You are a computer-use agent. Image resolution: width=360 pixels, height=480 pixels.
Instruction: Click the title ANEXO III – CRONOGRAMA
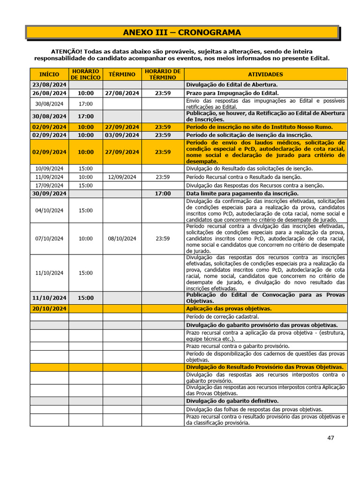[182, 32]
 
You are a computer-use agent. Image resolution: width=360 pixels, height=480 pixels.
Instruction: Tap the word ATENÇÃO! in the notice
[66, 51]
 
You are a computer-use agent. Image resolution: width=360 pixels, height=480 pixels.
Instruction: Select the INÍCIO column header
[49, 74]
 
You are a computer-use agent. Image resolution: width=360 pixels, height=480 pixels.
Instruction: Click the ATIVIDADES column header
[265, 74]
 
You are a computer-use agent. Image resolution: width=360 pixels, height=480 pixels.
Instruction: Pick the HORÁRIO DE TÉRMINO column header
[163, 74]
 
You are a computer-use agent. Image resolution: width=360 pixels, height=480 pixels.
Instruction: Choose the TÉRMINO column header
[122, 74]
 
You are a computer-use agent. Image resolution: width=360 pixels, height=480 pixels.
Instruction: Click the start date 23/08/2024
[49, 85]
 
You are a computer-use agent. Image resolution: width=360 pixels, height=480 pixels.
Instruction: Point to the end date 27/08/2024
[122, 93]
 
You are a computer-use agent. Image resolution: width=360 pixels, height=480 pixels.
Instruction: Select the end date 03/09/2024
[122, 135]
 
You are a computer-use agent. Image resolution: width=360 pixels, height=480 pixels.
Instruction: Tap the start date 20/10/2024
[49, 308]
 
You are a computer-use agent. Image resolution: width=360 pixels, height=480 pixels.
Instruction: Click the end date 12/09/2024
[122, 177]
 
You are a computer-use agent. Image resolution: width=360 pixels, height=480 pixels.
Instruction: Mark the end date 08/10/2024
[122, 238]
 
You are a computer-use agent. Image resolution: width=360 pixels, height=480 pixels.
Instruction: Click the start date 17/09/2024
[49, 185]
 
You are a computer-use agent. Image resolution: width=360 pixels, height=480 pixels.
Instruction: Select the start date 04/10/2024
[49, 210]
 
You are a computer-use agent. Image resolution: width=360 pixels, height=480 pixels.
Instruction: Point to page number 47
[330, 438]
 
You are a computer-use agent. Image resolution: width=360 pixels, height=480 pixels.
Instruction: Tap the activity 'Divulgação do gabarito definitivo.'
[232, 401]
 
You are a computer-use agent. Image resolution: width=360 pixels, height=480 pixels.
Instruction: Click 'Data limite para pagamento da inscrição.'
[242, 194]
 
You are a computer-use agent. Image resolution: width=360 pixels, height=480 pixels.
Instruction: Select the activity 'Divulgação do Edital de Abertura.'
[232, 85]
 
